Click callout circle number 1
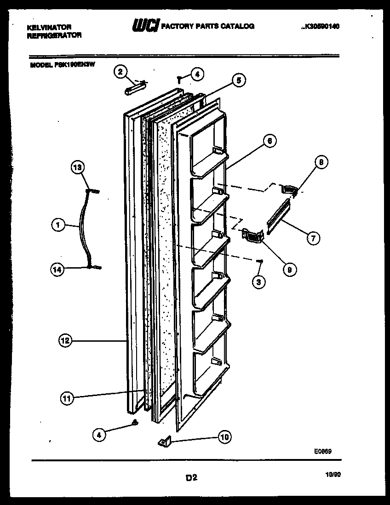pos(58,225)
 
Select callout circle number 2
pos(120,71)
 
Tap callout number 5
pos(238,81)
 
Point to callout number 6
pos(270,141)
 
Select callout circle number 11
pos(68,398)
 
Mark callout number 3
pos(258,281)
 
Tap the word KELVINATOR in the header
pos(49,28)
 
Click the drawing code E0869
pos(322,452)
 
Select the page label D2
pos(191,478)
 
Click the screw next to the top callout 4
pos(180,79)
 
